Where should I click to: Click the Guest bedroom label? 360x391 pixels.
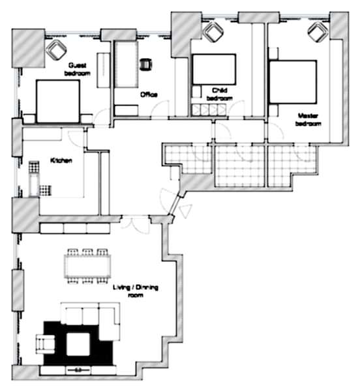pos(78,69)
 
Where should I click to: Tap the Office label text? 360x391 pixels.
pos(149,94)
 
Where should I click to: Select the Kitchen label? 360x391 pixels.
pos(61,160)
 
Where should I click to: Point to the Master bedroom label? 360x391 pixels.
pos(308,120)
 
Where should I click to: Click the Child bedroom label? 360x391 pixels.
pos(220,94)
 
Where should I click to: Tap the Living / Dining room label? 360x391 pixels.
pos(136,291)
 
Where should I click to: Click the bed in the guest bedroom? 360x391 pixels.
pos(58,102)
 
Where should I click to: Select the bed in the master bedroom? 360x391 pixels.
pos(293,82)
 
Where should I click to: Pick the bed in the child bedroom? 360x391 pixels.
pos(215,69)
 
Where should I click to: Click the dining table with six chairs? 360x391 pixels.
pos(87,267)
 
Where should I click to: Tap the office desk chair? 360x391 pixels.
pos(146,65)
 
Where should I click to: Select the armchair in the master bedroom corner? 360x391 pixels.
pos(318,32)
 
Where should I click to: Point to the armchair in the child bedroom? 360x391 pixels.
pos(213,32)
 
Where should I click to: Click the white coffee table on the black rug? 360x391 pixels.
pos(78,345)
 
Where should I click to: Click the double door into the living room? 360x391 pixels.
pos(136,225)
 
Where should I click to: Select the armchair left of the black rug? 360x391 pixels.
pos(46,344)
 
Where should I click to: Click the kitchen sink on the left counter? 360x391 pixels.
pos(34,186)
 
